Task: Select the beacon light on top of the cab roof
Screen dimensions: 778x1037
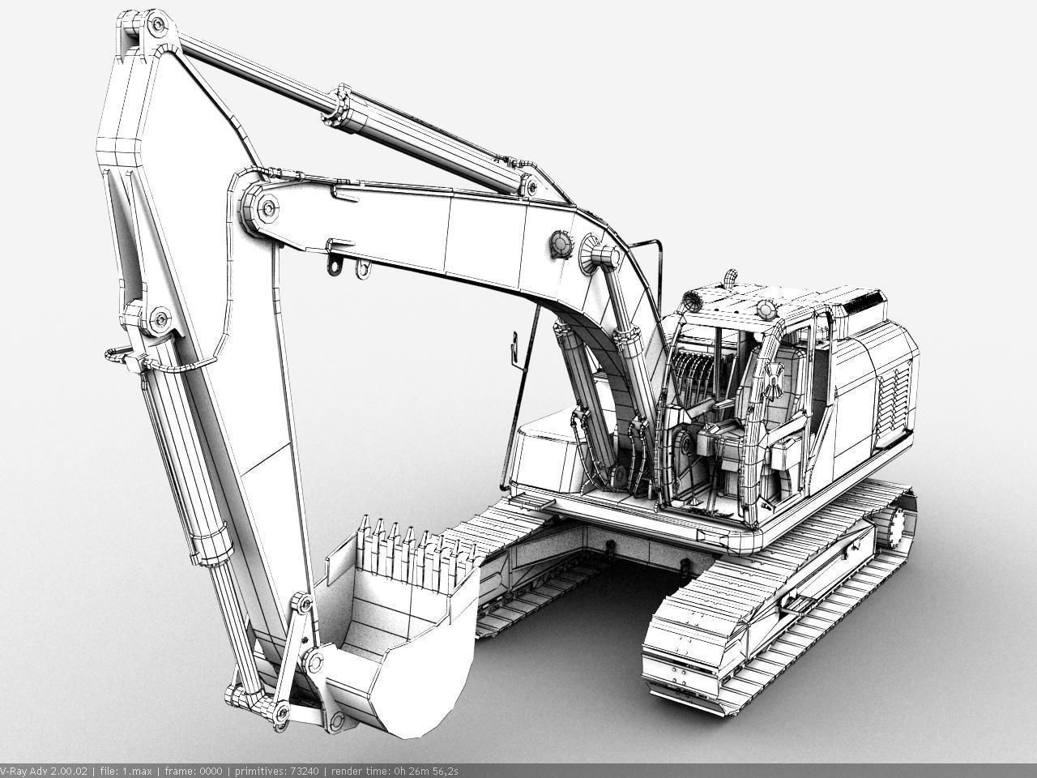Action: [x=732, y=277]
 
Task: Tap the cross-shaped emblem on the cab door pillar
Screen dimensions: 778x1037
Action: [x=772, y=378]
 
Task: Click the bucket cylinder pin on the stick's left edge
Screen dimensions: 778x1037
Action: [x=157, y=318]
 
